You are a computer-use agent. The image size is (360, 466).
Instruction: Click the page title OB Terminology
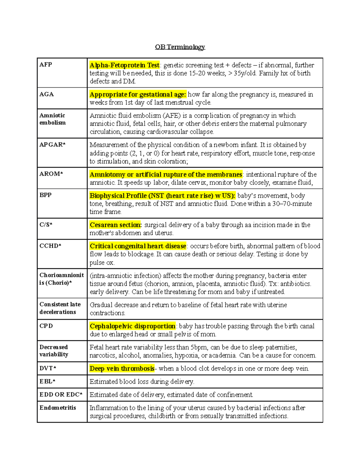pos(180,47)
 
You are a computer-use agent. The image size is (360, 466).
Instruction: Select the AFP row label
pos(46,65)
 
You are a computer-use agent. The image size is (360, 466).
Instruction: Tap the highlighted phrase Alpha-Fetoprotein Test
pos(124,65)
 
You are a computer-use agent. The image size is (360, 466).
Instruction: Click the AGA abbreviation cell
pos(46,94)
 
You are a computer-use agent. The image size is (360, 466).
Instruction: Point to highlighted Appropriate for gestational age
pos(138,95)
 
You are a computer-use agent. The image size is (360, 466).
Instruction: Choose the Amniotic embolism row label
pos(52,119)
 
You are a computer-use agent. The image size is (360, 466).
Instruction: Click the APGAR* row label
pos(52,144)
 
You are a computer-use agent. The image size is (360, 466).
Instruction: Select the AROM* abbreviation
pos(51,174)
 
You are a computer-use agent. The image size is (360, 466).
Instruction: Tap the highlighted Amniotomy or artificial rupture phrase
pos(166,174)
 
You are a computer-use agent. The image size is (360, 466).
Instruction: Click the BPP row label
pos(46,195)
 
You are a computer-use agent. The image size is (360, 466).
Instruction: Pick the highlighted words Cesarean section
pos(115,225)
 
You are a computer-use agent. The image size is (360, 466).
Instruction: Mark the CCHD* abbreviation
pos(50,246)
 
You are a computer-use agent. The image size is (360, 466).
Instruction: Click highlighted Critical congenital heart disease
pos(138,246)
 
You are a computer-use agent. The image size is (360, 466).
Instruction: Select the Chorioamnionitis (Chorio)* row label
pos(61,279)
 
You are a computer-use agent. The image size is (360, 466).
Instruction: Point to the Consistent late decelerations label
pos(60,308)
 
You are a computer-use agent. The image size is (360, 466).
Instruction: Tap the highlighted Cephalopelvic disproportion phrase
pos(133,326)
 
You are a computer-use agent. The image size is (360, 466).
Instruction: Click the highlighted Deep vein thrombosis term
pos(122,368)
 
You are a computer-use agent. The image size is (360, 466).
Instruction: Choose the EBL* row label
pos(47,381)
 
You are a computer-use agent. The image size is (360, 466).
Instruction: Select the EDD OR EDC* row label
pos(61,395)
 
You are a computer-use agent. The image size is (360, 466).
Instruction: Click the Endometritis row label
pos(58,408)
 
